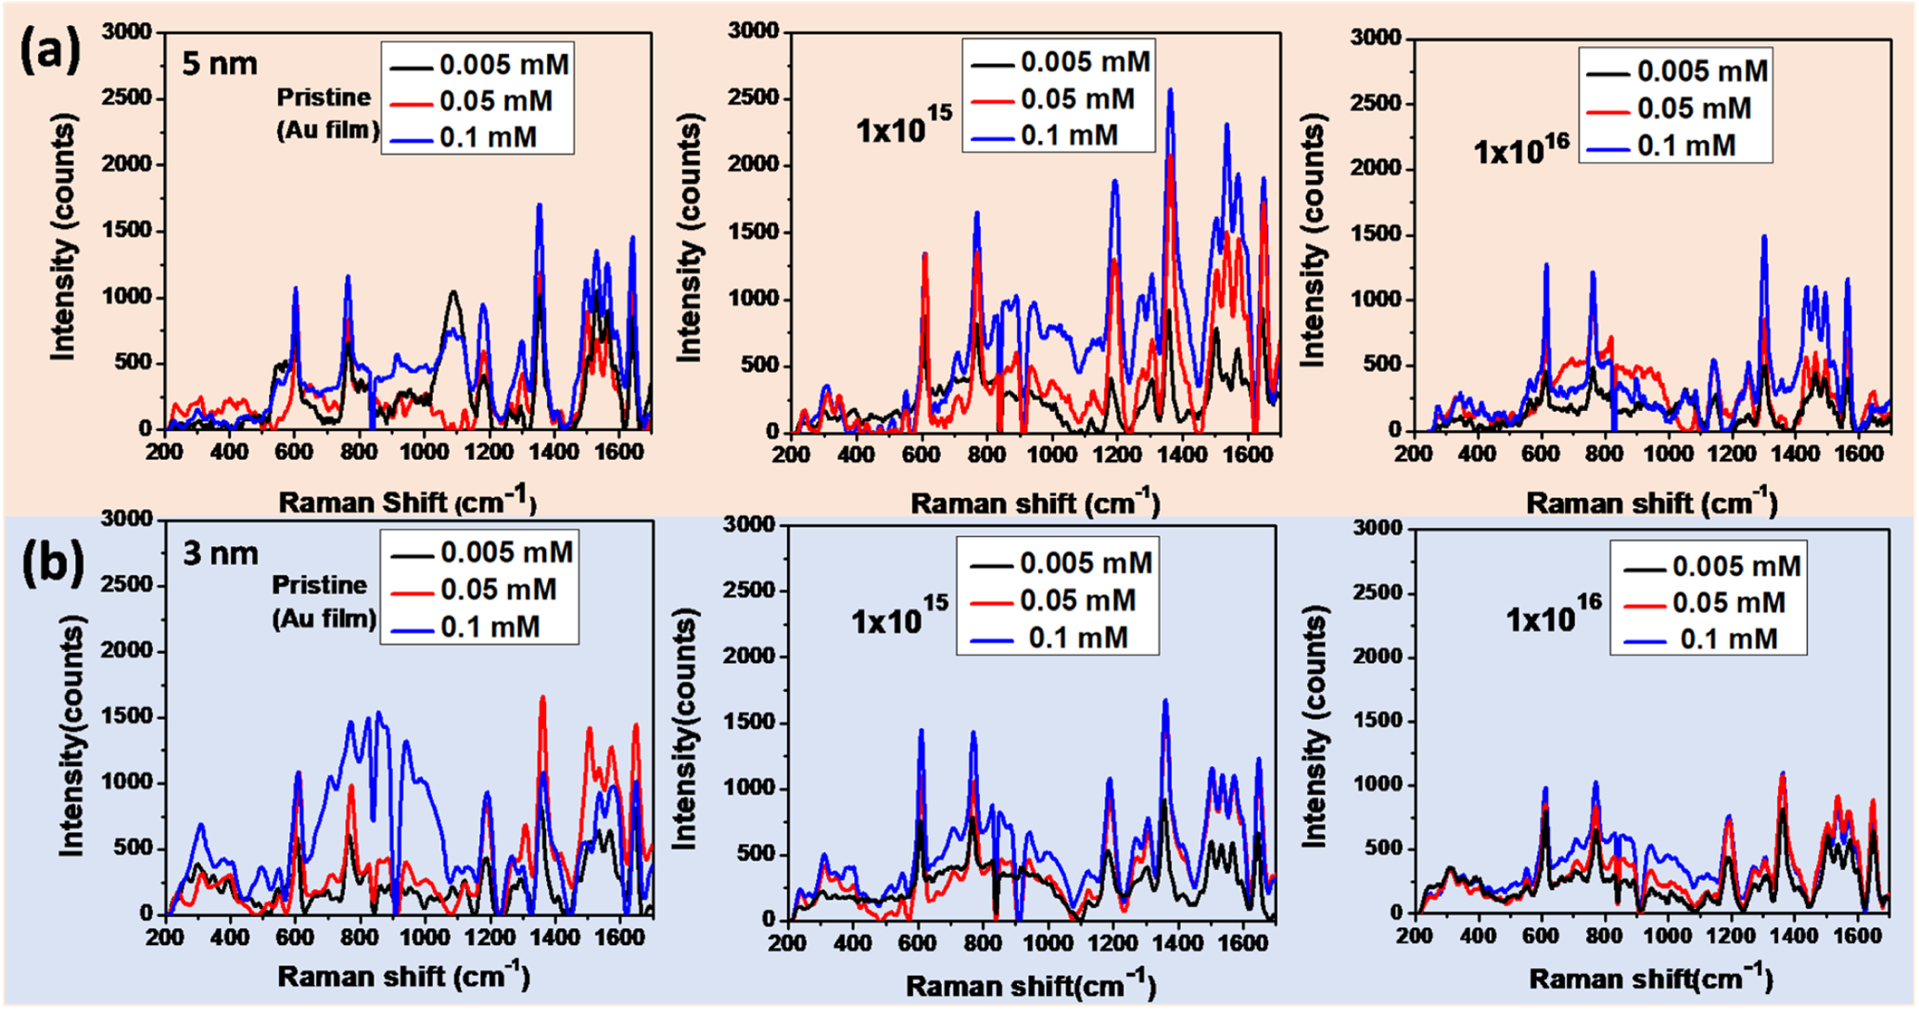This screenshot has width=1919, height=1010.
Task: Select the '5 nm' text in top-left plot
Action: pyautogui.click(x=220, y=65)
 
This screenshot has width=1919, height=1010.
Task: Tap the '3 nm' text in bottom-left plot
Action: pyautogui.click(x=221, y=554)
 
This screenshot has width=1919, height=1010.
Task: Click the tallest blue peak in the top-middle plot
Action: pyautogui.click(x=1171, y=91)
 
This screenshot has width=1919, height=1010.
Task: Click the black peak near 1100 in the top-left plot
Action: pyautogui.click(x=1010, y=293)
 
